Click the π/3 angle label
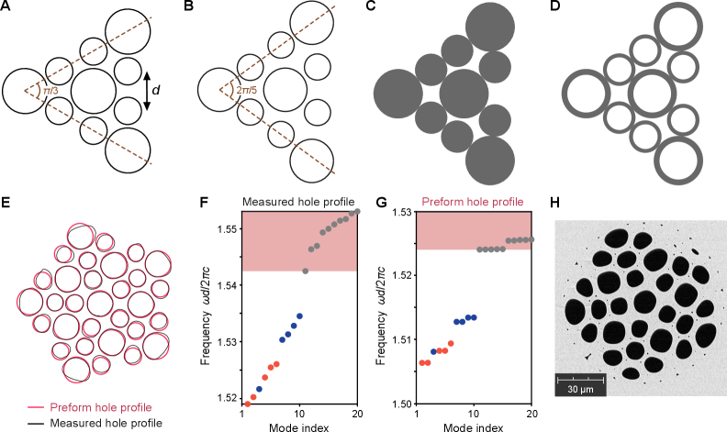[50, 91]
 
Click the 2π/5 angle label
[246, 91]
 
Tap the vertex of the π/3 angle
[25, 91]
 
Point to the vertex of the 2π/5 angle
[220, 91]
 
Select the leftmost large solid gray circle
[397, 94]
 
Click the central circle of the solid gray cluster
[464, 94]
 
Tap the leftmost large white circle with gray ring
[587, 94]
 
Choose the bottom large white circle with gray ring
[678, 161]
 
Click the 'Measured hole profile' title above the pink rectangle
[298, 202]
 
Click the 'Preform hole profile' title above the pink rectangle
[473, 202]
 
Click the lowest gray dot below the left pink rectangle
[305, 271]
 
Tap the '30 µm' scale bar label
[579, 389]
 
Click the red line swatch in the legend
[36, 407]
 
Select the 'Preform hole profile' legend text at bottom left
[101, 407]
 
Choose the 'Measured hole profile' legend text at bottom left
[106, 424]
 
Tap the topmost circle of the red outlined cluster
[78, 236]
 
